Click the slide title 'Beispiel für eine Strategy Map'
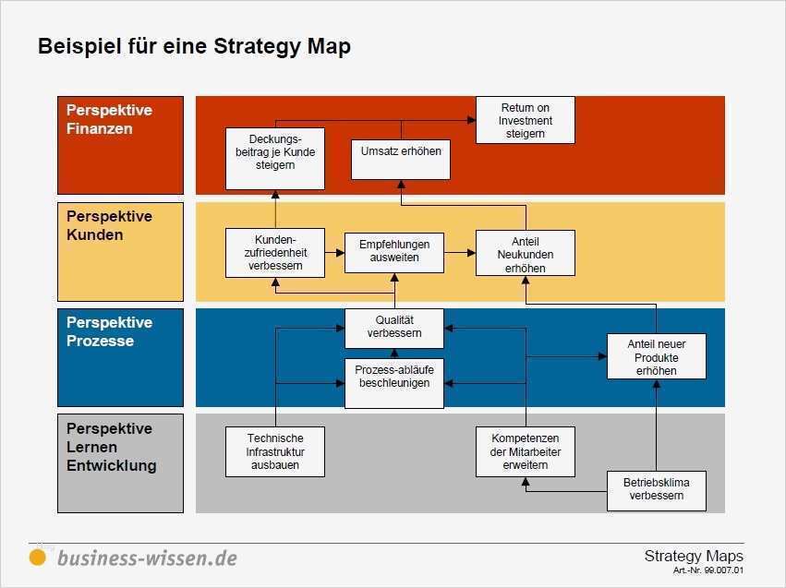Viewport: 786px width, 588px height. coord(194,46)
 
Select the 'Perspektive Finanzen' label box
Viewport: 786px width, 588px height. coord(120,145)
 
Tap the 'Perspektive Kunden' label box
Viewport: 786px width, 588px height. coord(120,251)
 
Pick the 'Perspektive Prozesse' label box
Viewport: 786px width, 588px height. coord(120,357)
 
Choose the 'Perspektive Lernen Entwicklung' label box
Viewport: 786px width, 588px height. coord(120,463)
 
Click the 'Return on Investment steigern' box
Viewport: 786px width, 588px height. coord(525,120)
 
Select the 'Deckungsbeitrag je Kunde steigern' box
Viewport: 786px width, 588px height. coord(275,152)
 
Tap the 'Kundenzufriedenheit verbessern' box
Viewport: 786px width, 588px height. coord(275,252)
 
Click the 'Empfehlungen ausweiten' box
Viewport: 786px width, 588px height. coord(393,252)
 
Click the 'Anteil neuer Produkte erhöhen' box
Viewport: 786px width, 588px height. coord(656,357)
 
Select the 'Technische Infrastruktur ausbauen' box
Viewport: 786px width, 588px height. coord(275,451)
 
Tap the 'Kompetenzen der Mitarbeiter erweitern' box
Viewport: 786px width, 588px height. coord(525,451)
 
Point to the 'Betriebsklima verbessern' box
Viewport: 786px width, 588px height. coord(656,490)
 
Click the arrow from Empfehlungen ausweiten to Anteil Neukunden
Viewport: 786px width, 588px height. coord(459,251)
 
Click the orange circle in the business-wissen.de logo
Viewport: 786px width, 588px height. coord(38,557)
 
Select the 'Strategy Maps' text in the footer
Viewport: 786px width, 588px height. coord(693,556)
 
